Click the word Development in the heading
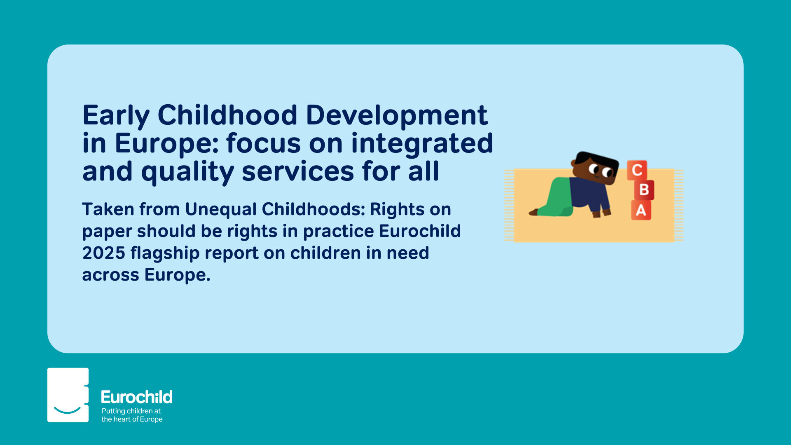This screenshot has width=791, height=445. pos(397,115)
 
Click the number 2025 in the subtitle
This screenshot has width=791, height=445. pos(104,253)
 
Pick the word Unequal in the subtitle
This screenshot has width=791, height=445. pos(221,210)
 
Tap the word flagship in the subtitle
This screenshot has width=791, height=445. pos(165,253)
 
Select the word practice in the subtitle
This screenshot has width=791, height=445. pos(339,232)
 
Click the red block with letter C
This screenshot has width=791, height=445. pos(637,170)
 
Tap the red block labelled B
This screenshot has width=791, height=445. pos(644,190)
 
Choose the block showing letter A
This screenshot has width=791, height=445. pos(641,210)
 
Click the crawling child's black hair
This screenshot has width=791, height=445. pos(597,160)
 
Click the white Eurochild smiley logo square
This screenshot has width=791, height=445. pos(68,395)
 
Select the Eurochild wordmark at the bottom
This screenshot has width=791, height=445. pos(137,397)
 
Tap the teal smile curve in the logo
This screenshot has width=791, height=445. pos(68,410)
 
